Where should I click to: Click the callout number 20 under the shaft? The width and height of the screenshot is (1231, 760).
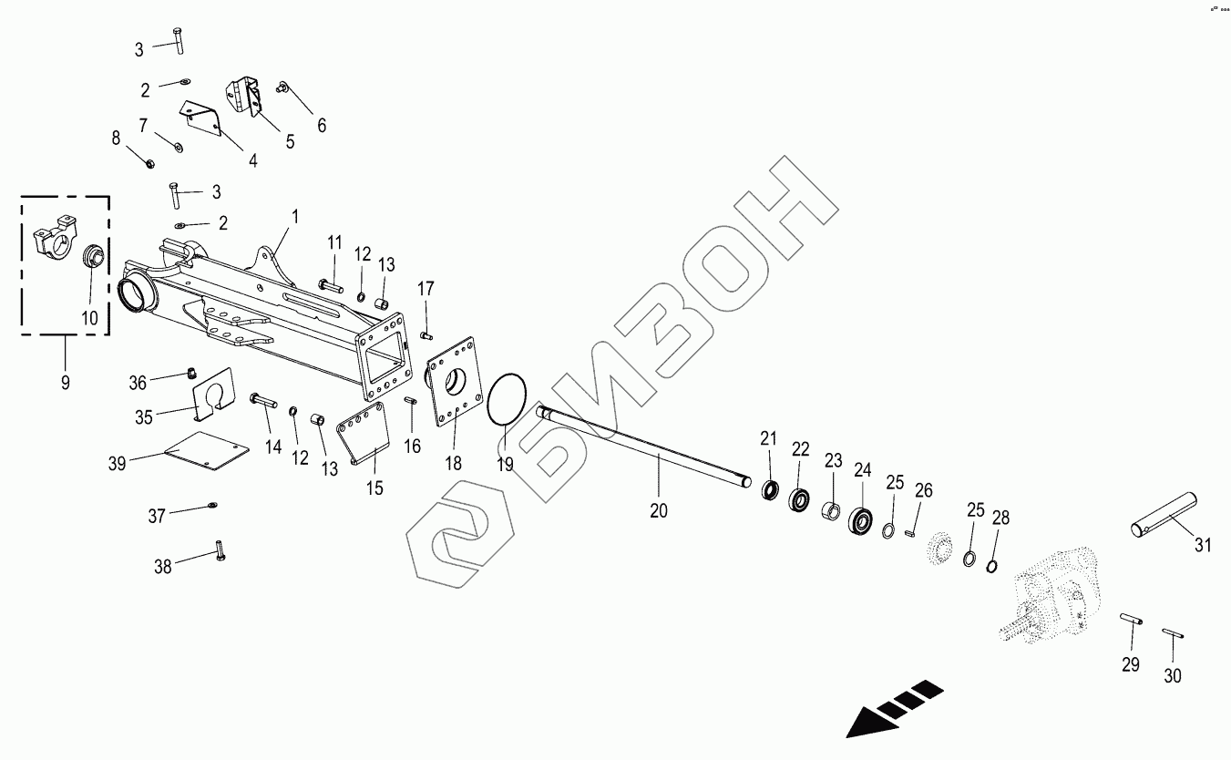[x=659, y=510]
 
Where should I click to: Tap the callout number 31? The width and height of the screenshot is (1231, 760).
[x=1204, y=546]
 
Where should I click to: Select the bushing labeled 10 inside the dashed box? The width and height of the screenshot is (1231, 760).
[x=93, y=257]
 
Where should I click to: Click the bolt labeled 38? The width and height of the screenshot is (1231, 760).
[x=220, y=550]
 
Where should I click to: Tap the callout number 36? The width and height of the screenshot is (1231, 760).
[x=162, y=378]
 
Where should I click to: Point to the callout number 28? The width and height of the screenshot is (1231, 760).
[x=1000, y=519]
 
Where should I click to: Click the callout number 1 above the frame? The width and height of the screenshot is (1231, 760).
[x=295, y=217]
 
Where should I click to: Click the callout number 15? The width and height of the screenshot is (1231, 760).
[x=374, y=488]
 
